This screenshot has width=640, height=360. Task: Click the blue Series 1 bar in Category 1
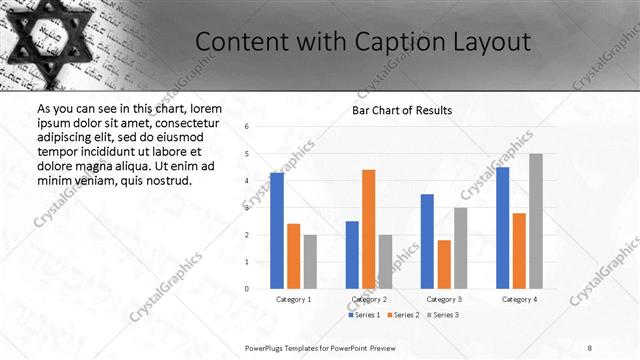[277, 230]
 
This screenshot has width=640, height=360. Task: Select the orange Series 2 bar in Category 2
[368, 229]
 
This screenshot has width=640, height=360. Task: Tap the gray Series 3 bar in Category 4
[536, 221]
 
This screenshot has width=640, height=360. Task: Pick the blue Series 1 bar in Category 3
[427, 241]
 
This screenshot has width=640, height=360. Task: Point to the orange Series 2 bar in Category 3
[444, 264]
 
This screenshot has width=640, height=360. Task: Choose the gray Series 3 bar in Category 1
[310, 261]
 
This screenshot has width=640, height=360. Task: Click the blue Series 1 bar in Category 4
[502, 227]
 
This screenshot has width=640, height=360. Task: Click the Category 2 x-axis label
[368, 299]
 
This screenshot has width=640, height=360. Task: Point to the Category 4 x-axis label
[519, 299]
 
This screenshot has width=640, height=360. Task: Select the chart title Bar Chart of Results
[402, 110]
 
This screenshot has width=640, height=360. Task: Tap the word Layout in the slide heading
[485, 42]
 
